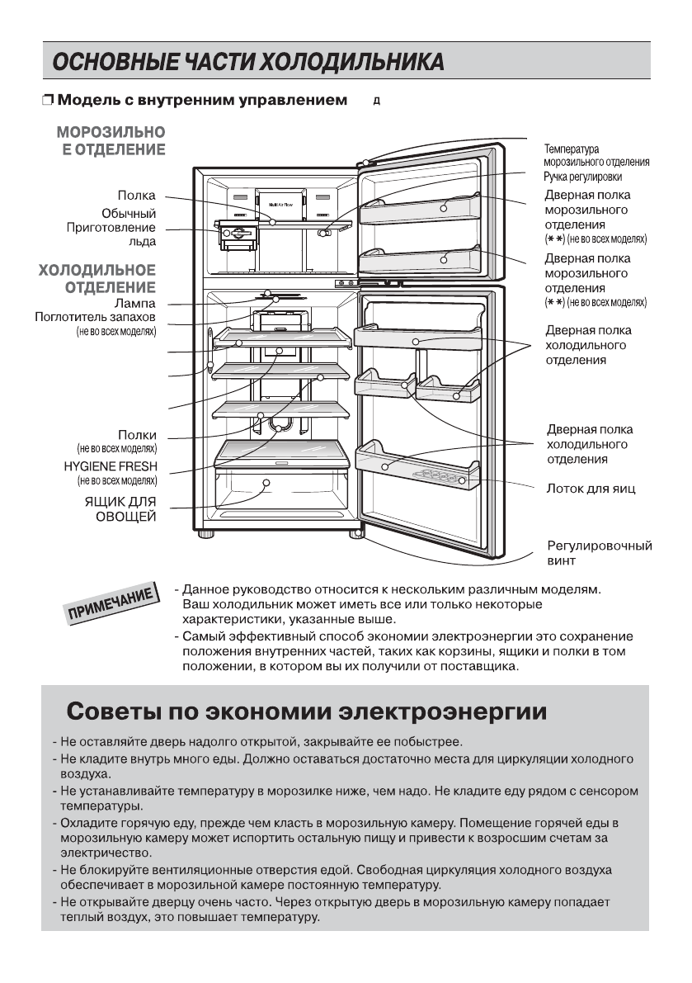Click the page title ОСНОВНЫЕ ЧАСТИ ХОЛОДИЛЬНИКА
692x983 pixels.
[x=247, y=62]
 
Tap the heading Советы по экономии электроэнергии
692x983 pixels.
[x=306, y=711]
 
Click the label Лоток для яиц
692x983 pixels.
[x=591, y=489]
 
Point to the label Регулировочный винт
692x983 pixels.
[x=599, y=553]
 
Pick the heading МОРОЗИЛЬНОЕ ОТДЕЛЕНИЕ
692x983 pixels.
[x=111, y=139]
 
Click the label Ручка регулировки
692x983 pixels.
[x=582, y=177]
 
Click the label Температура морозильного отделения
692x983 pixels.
[x=595, y=156]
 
